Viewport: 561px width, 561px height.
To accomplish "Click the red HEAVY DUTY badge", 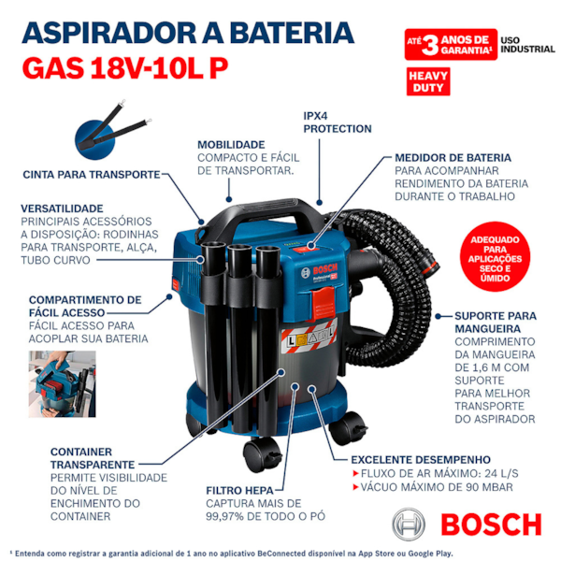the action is [428, 81].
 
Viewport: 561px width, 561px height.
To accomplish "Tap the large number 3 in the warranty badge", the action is [430, 46].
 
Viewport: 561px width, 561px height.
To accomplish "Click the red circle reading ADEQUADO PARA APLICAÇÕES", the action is [495, 259].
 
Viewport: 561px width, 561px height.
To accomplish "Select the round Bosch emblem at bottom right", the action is [409, 525].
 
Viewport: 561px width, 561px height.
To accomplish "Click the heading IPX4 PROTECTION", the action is [338, 122].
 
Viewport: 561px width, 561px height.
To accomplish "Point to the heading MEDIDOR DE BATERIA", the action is [453, 158].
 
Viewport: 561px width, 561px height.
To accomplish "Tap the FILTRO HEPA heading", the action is [239, 490].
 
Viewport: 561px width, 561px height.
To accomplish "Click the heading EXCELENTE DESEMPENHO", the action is [421, 459].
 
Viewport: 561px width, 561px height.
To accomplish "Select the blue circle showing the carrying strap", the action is [95, 139].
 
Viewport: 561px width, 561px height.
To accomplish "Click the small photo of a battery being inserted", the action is [63, 384].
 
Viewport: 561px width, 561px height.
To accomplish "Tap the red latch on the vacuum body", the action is [324, 305].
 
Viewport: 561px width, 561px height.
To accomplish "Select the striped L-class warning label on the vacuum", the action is [309, 337].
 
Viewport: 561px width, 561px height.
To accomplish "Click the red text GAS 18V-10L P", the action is [125, 68].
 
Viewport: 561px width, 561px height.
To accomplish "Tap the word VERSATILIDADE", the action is [62, 209].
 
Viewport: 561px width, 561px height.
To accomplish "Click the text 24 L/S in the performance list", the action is [501, 473].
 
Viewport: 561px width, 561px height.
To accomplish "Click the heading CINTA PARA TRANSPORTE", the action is [92, 175].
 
